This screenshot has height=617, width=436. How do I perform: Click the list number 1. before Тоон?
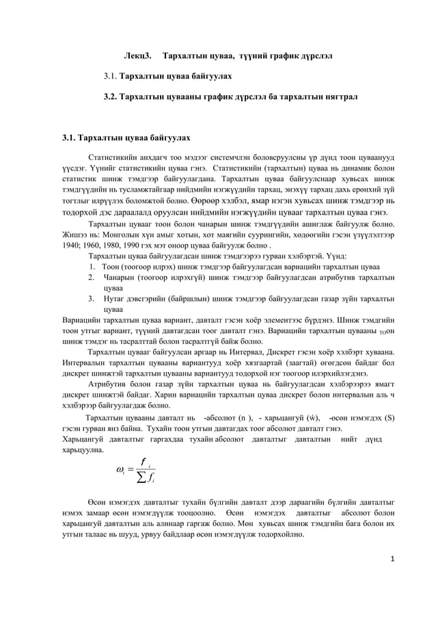(x=92, y=266)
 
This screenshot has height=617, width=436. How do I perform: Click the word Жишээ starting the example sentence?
(x=74, y=233)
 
